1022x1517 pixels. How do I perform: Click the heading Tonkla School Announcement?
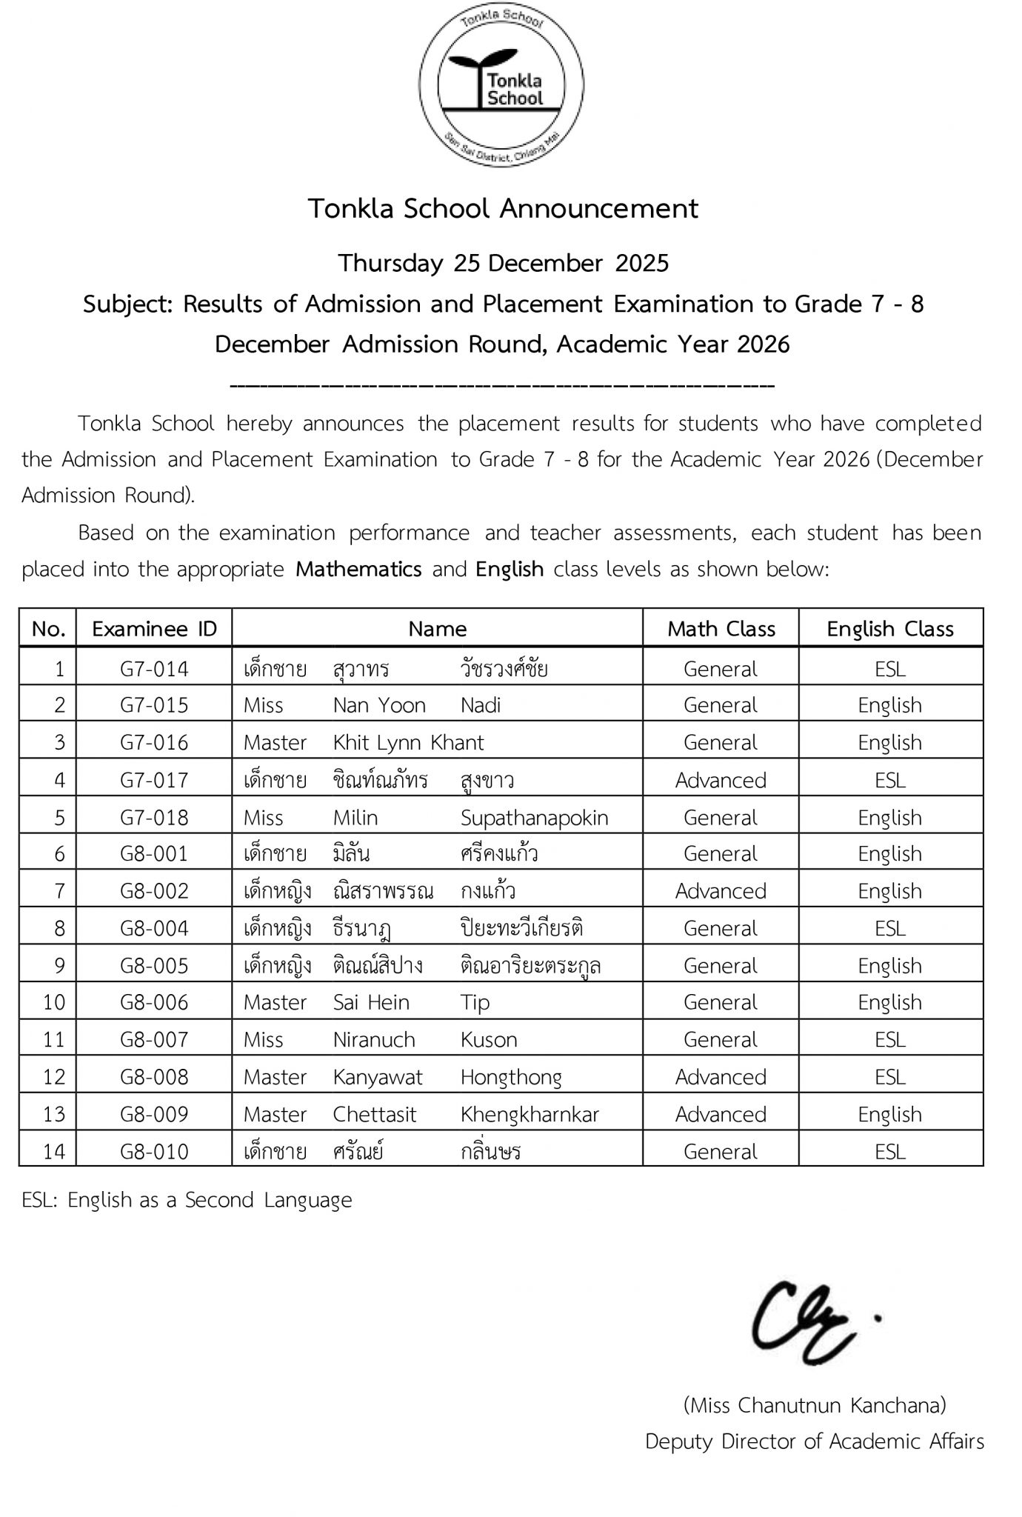(x=503, y=209)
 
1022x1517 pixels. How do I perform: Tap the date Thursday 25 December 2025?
(x=504, y=263)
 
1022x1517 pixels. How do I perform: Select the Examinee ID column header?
(x=154, y=629)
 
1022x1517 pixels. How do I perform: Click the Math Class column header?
(x=721, y=629)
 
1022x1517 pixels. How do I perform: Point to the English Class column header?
(x=890, y=629)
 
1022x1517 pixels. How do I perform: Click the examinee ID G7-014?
(x=154, y=669)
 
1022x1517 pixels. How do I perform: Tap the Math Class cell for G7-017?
(x=721, y=780)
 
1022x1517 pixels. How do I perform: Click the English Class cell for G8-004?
(x=890, y=928)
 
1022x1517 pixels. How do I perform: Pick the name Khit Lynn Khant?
(x=408, y=742)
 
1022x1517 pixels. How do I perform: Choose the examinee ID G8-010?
(x=154, y=1151)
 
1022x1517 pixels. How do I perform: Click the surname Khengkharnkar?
(x=530, y=1114)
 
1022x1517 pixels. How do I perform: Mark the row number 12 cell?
(x=54, y=1077)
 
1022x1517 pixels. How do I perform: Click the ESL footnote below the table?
(x=187, y=1199)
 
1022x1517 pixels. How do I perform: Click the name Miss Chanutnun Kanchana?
(x=815, y=1404)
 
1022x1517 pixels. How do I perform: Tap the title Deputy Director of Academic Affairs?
(x=815, y=1441)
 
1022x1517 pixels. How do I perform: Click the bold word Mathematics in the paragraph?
(x=358, y=569)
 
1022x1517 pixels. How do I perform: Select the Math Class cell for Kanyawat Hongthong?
(x=721, y=1077)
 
